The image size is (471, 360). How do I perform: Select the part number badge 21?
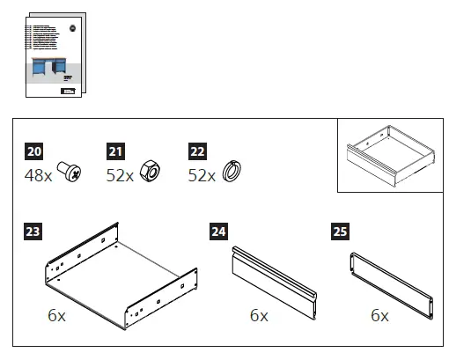(115, 151)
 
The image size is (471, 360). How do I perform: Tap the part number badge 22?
(198, 151)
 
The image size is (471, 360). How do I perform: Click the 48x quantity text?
(38, 175)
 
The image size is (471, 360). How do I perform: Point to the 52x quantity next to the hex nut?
(120, 175)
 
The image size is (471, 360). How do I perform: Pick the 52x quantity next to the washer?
(202, 175)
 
